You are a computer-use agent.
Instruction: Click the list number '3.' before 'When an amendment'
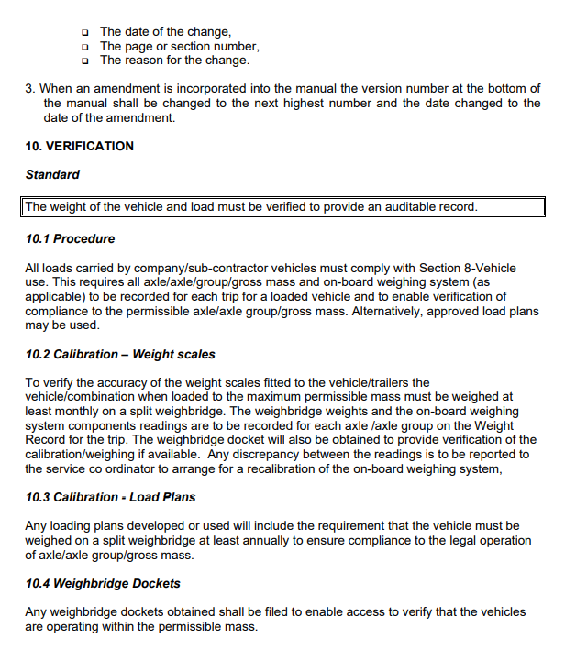point(30,89)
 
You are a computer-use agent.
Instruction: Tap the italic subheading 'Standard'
point(52,174)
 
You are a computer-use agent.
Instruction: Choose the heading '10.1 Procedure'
point(70,238)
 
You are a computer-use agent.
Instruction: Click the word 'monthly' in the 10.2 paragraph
point(80,412)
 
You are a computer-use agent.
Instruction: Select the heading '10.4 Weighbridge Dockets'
point(103,583)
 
